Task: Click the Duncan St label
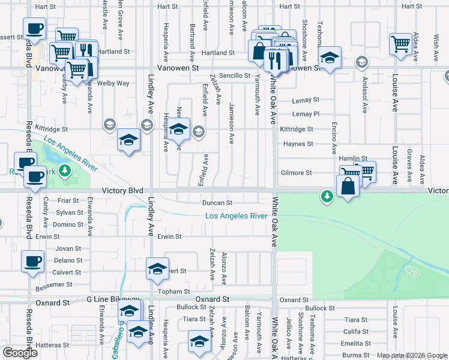pyautogui.click(x=217, y=203)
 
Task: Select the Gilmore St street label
pyautogui.click(x=297, y=173)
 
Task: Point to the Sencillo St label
pyautogui.click(x=234, y=76)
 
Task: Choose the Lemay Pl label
pyautogui.click(x=306, y=114)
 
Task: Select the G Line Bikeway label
pyautogui.click(x=113, y=299)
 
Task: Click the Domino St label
pyautogui.click(x=68, y=224)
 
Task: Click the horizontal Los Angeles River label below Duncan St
pyautogui.click(x=236, y=216)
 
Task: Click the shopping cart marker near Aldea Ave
pyautogui.click(x=399, y=43)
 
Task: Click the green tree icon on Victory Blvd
pyautogui.click(x=327, y=196)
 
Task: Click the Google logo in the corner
pyautogui.click(x=20, y=353)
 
